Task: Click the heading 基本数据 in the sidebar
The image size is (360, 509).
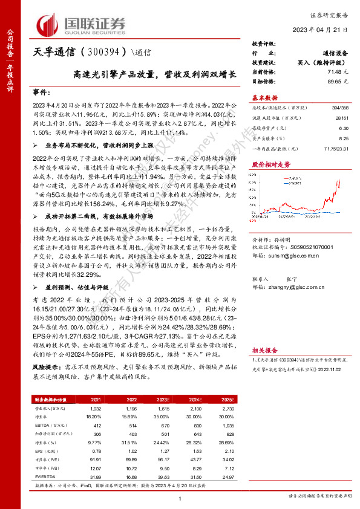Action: pyautogui.click(x=264, y=97)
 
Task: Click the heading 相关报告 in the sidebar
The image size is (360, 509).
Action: pyautogui.click(x=264, y=349)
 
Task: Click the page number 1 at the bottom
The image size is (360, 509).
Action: pyautogui.click(x=180, y=498)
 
